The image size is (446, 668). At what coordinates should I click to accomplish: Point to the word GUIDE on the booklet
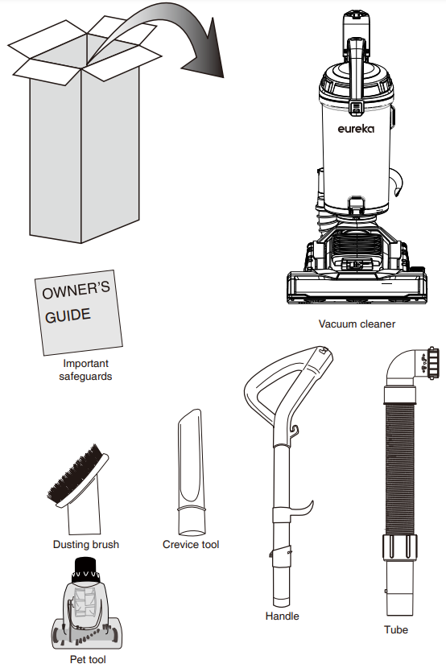[68, 315]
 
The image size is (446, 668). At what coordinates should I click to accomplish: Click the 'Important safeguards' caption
[85, 369]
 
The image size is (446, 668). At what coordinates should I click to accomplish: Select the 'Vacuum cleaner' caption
[357, 324]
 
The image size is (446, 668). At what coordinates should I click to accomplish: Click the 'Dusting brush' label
[86, 545]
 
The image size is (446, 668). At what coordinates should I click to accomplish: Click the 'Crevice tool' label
[191, 545]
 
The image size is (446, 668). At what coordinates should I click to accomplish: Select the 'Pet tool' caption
[87, 659]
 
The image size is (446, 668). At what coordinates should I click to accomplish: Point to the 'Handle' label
[282, 616]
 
